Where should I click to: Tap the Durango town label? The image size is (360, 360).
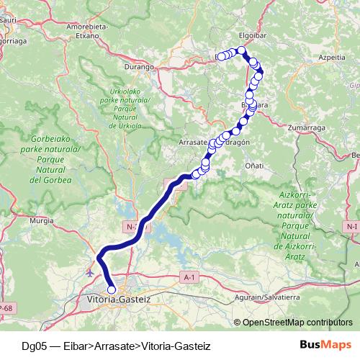(x=144, y=66)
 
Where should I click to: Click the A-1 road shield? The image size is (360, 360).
(x=189, y=276)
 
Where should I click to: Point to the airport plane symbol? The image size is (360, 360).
(x=89, y=273)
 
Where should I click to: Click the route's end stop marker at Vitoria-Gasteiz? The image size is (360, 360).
(x=112, y=289)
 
